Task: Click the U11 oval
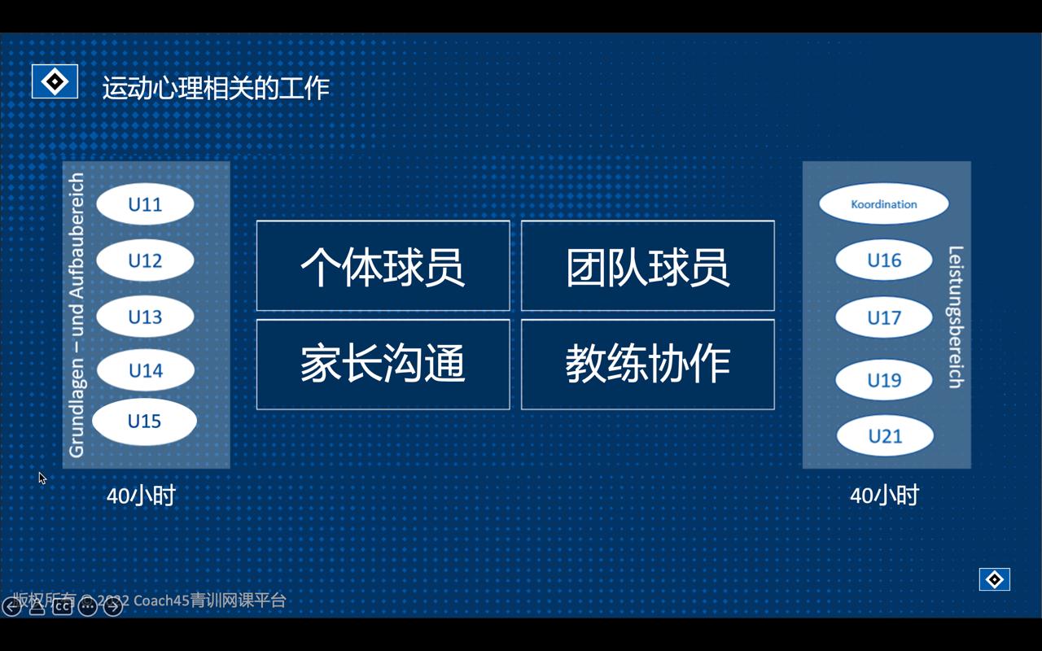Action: point(145,204)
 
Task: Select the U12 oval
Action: point(145,260)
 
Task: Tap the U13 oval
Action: point(145,317)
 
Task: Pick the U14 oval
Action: point(145,371)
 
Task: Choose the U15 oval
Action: point(144,422)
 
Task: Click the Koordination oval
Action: point(883,204)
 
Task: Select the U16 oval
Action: point(884,260)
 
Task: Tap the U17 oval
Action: point(884,317)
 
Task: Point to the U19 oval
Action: point(884,380)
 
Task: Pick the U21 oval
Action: point(885,436)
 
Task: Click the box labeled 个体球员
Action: point(383,265)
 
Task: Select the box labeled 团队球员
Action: point(647,265)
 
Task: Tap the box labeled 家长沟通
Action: point(383,365)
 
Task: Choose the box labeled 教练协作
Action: point(647,365)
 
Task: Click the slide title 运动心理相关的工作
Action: point(216,88)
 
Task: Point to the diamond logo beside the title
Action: point(55,82)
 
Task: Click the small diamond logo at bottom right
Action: point(994,579)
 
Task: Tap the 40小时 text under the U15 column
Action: point(141,496)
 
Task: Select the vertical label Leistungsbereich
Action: point(956,317)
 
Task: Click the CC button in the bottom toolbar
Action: point(62,606)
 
